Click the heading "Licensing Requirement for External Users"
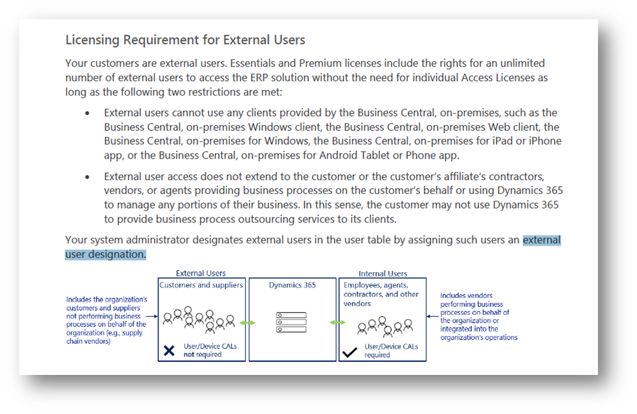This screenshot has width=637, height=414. tap(186, 40)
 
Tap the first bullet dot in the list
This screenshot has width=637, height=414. tap(87, 114)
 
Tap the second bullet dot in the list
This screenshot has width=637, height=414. tap(87, 177)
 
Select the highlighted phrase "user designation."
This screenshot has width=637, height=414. tap(106, 254)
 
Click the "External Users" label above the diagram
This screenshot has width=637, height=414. tap(201, 273)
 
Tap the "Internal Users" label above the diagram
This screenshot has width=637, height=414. tap(382, 273)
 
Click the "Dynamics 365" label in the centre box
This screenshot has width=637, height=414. tap(292, 285)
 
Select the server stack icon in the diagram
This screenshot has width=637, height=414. tap(291, 322)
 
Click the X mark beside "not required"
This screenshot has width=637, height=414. tap(169, 350)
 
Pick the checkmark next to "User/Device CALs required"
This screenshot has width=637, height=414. tap(349, 352)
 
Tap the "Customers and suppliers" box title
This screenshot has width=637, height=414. tap(201, 285)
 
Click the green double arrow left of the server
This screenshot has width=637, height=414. tap(247, 323)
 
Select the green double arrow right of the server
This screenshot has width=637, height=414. tap(337, 323)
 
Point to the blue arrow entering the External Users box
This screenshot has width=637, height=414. tap(151, 316)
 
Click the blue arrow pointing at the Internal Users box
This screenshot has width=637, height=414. tap(432, 316)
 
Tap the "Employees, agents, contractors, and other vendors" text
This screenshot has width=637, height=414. tap(381, 294)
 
